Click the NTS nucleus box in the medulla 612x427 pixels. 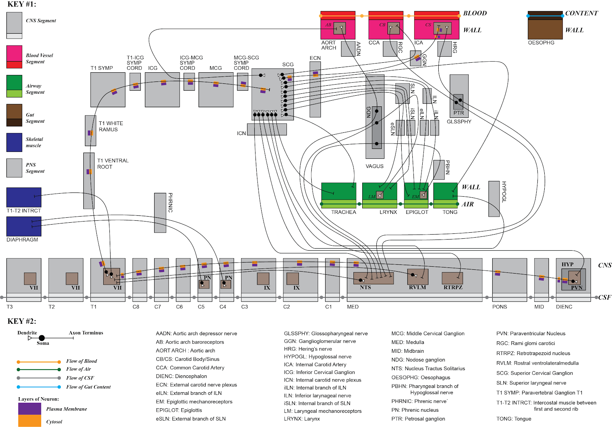tap(373, 278)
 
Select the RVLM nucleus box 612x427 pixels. tap(418, 277)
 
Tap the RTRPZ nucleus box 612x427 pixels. tap(452, 278)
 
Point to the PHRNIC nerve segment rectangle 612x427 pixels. tap(160, 213)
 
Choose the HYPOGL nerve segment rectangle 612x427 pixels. tap(494, 199)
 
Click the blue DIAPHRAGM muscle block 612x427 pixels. tap(24, 227)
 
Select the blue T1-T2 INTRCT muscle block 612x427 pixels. tap(24, 197)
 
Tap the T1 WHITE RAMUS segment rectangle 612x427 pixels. tap(90, 131)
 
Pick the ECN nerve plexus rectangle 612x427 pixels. tap(315, 90)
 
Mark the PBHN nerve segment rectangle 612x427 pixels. tap(439, 170)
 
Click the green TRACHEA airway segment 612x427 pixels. tap(339, 195)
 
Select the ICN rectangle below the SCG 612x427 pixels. tap(267, 129)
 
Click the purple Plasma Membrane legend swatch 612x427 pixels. tap(30, 409)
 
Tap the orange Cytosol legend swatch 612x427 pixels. tap(30, 421)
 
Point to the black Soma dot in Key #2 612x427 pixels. tap(42, 338)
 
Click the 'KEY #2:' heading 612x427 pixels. tap(21, 321)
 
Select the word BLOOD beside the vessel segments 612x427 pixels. tap(475, 13)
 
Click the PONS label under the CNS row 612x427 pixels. tap(500, 307)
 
